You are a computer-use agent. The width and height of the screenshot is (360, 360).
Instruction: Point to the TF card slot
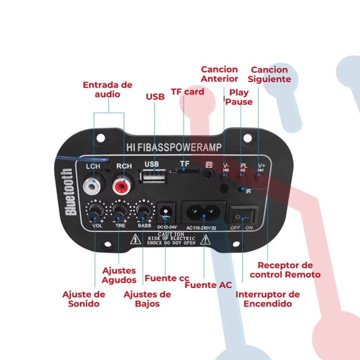(x=184, y=171)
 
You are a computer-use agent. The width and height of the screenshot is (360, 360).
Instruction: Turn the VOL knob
(x=95, y=210)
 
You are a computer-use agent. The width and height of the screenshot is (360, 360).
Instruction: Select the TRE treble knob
(x=120, y=210)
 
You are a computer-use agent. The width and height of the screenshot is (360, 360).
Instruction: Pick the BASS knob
(x=143, y=210)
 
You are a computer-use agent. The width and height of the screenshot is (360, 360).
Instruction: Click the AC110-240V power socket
(x=204, y=213)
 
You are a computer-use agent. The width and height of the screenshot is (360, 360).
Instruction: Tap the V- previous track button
(x=225, y=175)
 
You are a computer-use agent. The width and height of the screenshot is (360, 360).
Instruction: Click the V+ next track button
(x=260, y=175)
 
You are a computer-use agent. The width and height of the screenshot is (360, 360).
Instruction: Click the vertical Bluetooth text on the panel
(x=69, y=192)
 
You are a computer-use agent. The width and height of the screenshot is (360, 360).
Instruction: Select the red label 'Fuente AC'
(x=208, y=285)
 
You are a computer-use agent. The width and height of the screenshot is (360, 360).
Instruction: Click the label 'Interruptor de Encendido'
(x=267, y=299)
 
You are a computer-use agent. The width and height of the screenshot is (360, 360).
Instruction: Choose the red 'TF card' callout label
(x=187, y=92)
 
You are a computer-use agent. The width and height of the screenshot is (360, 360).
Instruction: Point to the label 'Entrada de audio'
(x=107, y=89)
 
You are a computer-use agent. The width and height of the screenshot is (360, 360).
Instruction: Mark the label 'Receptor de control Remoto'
(x=285, y=270)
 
